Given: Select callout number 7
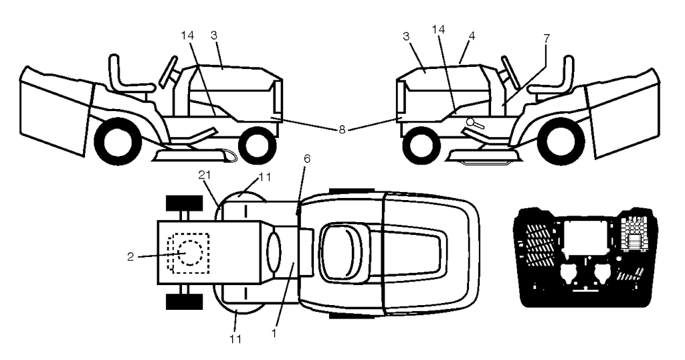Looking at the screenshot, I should pos(547,39).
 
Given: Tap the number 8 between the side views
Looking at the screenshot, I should pos(341,129).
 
